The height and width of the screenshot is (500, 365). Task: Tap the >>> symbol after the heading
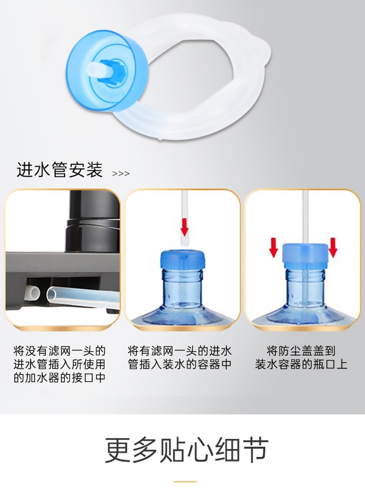coord(121,174)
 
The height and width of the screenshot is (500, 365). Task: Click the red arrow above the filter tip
coord(184,227)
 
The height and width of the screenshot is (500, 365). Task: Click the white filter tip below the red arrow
coord(184,242)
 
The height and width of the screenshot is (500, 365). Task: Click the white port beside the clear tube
coord(33,293)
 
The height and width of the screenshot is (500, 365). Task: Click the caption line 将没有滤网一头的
coord(59,351)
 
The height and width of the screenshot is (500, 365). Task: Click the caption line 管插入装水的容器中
coord(180,364)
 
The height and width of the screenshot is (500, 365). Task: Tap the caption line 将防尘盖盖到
coord(301,351)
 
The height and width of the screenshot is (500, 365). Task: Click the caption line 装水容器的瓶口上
coord(301,364)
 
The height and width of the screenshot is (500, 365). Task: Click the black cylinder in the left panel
coord(93,221)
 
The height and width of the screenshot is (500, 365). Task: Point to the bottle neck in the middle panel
coord(182,288)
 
